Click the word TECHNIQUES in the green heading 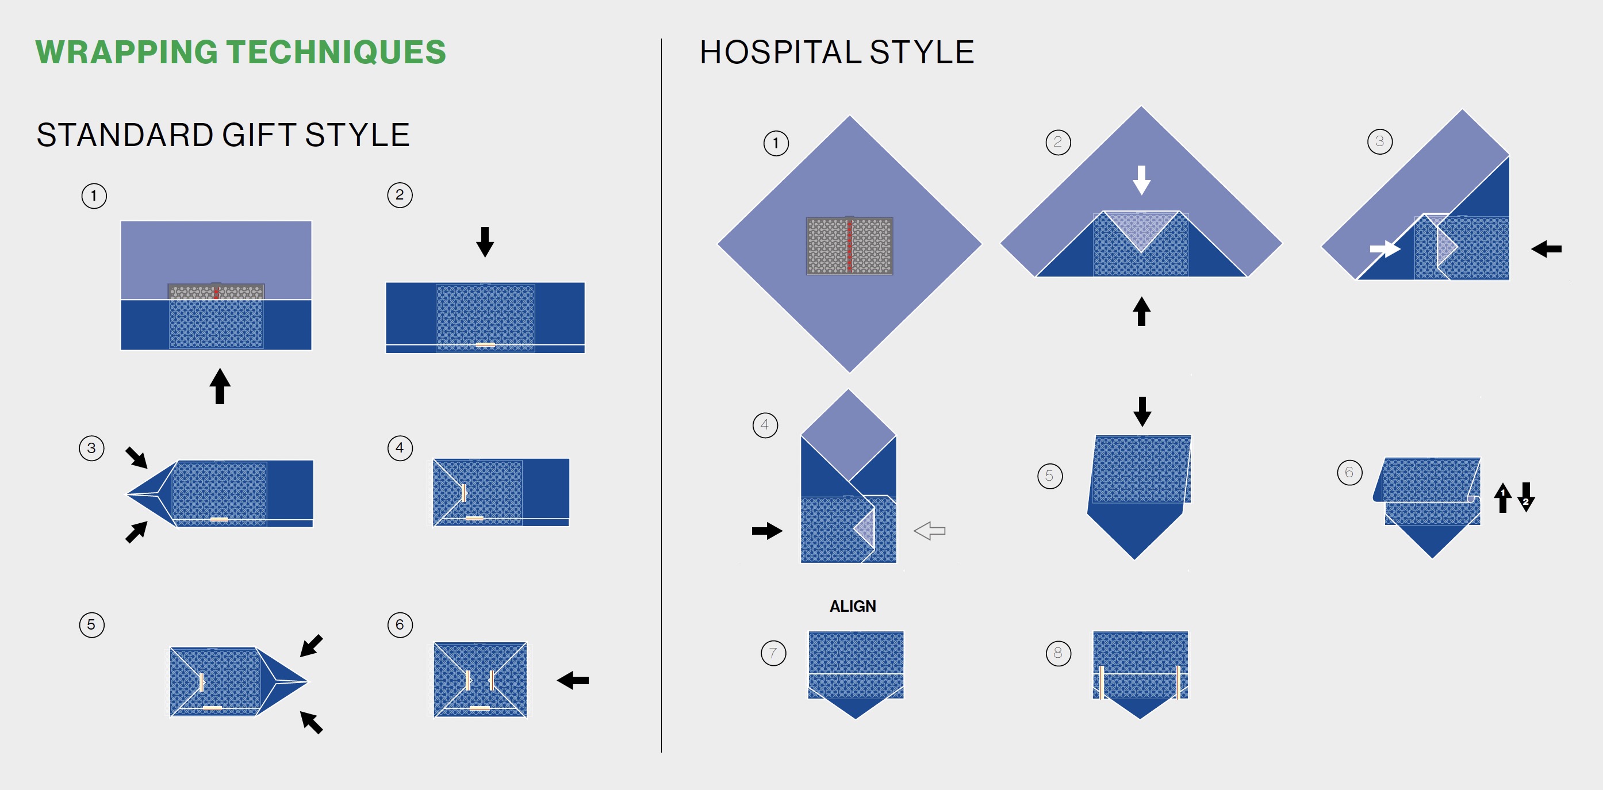coord(336,52)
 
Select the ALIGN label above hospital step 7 coord(853,606)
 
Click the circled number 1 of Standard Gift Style coord(94,196)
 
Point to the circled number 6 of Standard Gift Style coord(400,624)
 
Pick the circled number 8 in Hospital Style coord(1058,653)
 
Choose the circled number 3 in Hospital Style coord(1379,142)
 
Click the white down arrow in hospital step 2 coord(1141,180)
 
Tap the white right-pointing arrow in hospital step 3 coord(1385,249)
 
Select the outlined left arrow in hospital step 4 coord(930,531)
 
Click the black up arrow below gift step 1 coord(220,386)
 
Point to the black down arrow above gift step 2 coord(485,242)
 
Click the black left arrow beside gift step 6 coord(573,680)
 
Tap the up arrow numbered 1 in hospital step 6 coord(1503,498)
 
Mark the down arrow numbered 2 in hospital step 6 coord(1526,498)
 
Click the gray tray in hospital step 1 coord(849,246)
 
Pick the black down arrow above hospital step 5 coord(1142,412)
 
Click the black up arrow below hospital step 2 coord(1141,311)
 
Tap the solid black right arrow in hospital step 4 coord(767,531)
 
